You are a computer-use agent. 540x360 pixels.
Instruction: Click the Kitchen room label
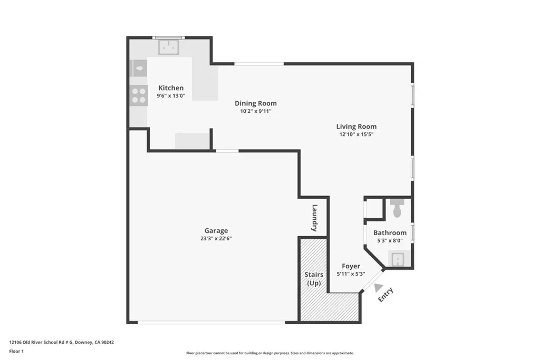click(x=171, y=88)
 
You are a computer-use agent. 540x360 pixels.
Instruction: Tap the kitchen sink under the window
click(x=169, y=47)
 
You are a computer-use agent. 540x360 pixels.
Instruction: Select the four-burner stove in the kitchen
click(x=139, y=95)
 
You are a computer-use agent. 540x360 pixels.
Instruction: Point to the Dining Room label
click(x=255, y=103)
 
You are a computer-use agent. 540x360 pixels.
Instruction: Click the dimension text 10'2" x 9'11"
click(x=255, y=111)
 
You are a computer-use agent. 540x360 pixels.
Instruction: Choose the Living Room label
click(x=356, y=127)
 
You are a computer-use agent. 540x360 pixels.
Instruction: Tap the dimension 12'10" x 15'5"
click(x=356, y=134)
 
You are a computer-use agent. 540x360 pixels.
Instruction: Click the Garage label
click(x=216, y=230)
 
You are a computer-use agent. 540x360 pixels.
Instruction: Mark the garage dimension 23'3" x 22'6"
click(x=216, y=238)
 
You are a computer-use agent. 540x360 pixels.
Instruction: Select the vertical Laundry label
click(x=314, y=218)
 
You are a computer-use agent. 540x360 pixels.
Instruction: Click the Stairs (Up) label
click(x=314, y=279)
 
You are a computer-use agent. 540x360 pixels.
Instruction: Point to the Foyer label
click(x=351, y=266)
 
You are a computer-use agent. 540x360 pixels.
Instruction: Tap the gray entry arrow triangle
click(x=378, y=288)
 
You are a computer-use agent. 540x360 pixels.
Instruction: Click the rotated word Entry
click(x=385, y=295)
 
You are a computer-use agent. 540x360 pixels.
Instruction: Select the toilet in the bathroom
click(x=398, y=209)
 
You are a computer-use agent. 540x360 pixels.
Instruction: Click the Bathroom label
click(x=390, y=232)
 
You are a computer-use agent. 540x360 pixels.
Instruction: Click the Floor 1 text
click(x=17, y=351)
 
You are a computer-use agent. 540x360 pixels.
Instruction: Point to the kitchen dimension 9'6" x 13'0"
click(x=171, y=96)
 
